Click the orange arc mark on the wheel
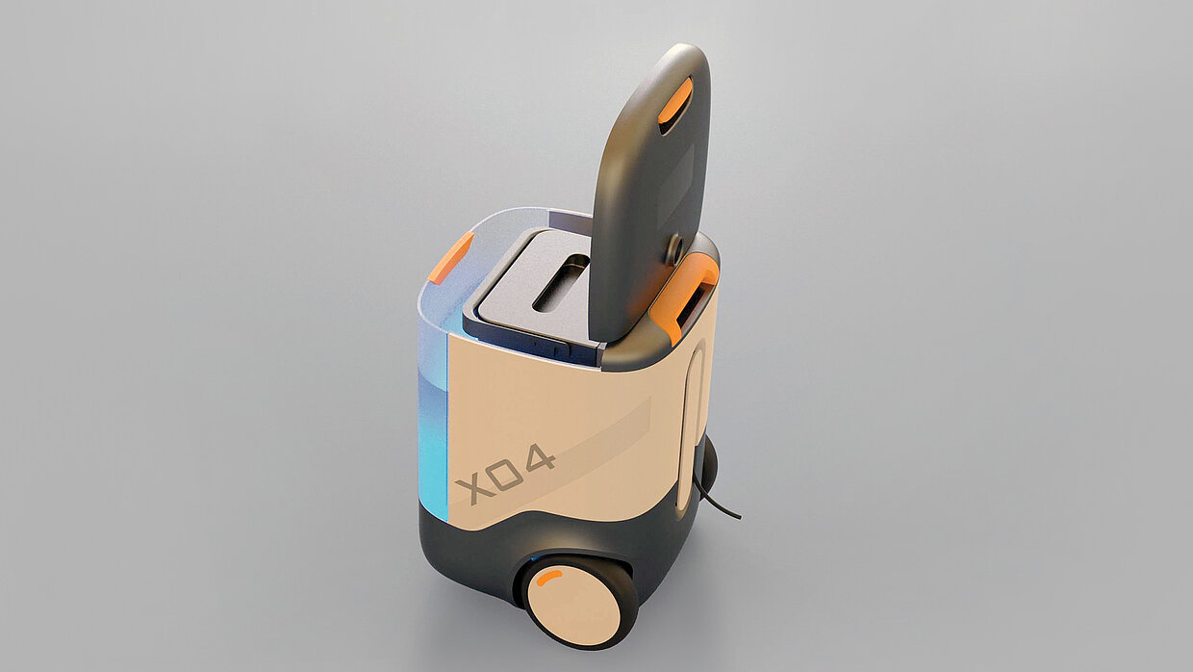point(548,578)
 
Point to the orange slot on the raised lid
point(674,101)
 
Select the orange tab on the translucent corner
point(451,257)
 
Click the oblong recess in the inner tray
point(560,282)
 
